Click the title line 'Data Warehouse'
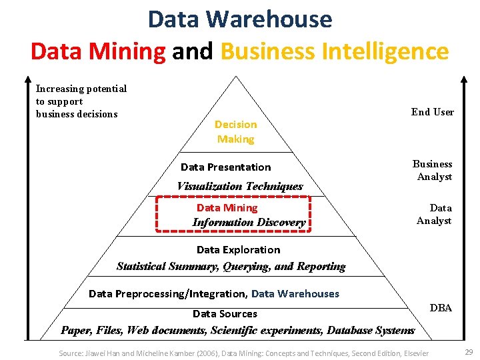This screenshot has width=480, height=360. pyautogui.click(x=240, y=19)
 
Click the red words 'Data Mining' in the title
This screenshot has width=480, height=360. pyautogui.click(x=98, y=51)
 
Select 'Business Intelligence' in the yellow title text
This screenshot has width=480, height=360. pyautogui.click(x=334, y=51)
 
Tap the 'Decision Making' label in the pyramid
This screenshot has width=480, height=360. pyautogui.click(x=235, y=131)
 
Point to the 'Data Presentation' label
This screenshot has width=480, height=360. pyautogui.click(x=225, y=167)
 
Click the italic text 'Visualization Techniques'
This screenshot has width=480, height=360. pyautogui.click(x=239, y=186)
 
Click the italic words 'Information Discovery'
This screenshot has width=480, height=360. pyautogui.click(x=249, y=222)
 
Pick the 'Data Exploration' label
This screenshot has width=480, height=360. pyautogui.click(x=238, y=249)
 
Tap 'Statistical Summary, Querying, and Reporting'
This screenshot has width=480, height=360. pyautogui.click(x=231, y=266)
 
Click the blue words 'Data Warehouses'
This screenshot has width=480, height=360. pyautogui.click(x=295, y=293)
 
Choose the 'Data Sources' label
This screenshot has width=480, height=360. pyautogui.click(x=225, y=313)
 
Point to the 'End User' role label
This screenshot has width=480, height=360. pyautogui.click(x=433, y=111)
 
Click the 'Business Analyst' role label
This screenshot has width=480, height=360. pyautogui.click(x=433, y=170)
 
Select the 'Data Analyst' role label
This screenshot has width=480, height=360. pyautogui.click(x=435, y=214)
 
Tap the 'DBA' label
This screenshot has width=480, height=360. pyautogui.click(x=441, y=307)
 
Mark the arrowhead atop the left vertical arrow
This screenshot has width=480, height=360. pyautogui.click(x=27, y=77)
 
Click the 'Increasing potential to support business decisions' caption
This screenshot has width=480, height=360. pyautogui.click(x=81, y=101)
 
